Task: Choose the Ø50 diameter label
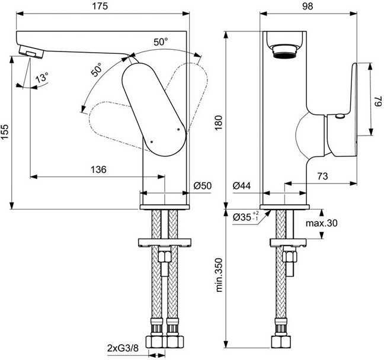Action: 203,186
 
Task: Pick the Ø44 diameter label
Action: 242,186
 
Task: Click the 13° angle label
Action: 41,78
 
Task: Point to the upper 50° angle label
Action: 161,42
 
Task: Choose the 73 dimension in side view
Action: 323,176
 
